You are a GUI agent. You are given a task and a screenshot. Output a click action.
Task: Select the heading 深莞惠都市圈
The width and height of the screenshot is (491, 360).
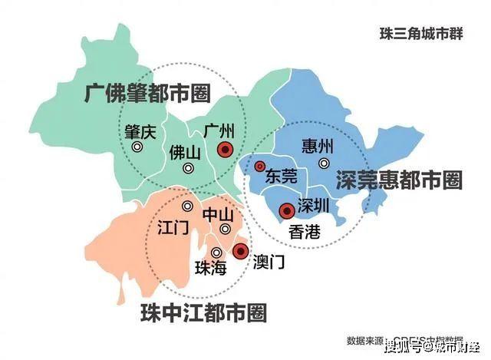[x=399, y=180]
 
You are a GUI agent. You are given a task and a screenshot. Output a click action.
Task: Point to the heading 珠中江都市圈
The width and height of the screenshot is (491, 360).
[x=203, y=312]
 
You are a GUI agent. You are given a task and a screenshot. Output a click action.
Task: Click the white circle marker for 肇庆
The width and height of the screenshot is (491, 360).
[x=137, y=147]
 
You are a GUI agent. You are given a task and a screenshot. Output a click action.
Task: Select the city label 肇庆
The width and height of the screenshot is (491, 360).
[x=140, y=130]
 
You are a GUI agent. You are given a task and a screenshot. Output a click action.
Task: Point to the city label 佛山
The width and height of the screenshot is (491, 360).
[x=185, y=152]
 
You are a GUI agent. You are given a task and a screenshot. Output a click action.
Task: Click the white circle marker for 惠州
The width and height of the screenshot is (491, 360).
[x=324, y=163]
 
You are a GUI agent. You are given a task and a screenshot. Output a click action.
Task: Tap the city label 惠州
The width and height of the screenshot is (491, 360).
[x=318, y=146]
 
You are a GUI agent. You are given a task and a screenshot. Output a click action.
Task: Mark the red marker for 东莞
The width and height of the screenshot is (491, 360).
[x=260, y=167]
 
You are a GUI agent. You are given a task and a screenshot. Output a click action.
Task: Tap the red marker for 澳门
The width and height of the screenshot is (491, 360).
[x=240, y=251]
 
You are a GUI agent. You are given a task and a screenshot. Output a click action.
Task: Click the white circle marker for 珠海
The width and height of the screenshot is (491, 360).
[x=217, y=252]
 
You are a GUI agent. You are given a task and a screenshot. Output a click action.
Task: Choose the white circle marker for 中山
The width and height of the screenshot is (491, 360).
[x=225, y=229]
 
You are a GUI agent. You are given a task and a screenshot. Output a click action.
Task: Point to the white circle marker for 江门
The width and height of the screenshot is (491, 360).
[x=188, y=206]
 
